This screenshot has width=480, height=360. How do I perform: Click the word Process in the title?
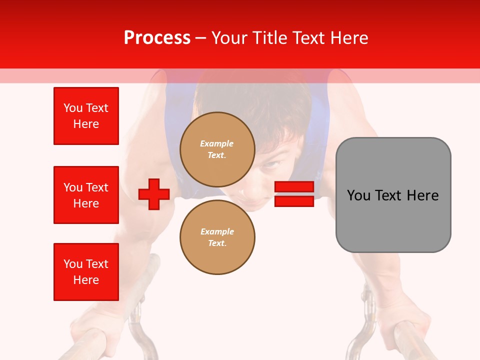[x=157, y=38]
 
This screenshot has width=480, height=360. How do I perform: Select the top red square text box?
[x=86, y=116]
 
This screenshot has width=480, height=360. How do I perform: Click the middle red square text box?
[x=86, y=195]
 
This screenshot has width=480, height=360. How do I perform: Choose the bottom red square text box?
[x=86, y=272]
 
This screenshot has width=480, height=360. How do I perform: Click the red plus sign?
[x=154, y=194]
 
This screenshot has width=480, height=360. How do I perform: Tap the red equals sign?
[x=294, y=194]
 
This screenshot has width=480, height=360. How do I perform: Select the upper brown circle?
[x=217, y=149]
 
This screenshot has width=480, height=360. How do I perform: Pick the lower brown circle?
[x=217, y=237]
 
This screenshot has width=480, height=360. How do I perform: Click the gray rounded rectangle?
[x=393, y=195]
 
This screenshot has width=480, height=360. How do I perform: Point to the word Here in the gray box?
[x=422, y=195]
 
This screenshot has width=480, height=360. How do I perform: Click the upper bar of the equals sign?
[x=294, y=186]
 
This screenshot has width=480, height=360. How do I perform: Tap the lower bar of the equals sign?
[x=294, y=201]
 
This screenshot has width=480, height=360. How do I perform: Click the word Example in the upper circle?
[x=217, y=143]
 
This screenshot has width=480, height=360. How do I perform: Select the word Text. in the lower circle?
[x=217, y=243]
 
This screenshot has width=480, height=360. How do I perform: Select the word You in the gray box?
[x=359, y=195]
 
